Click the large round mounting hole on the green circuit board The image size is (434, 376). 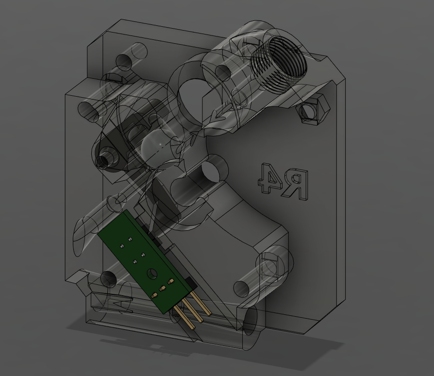[x=152, y=274]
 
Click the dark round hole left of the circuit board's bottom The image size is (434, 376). [x=108, y=279]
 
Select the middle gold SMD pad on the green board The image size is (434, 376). [x=163, y=289]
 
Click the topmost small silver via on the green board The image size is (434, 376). [x=130, y=239]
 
